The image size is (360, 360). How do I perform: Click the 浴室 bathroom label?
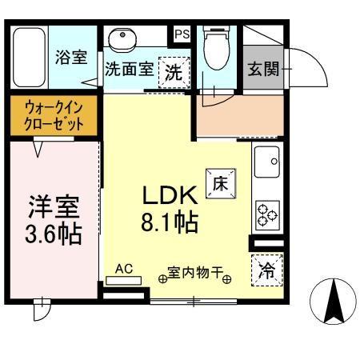pos(70,58)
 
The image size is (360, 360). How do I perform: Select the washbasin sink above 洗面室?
pos(122,39)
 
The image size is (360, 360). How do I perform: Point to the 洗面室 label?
pos(129,69)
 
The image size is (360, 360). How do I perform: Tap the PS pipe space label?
pos(182,34)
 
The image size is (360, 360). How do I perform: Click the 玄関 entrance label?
pos(262,69)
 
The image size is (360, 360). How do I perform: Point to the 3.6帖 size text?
pos(54,236)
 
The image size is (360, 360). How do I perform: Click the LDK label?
pos(170,194)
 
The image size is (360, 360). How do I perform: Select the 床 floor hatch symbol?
pos(221,182)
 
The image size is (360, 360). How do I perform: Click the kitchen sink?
pos(266,162)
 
